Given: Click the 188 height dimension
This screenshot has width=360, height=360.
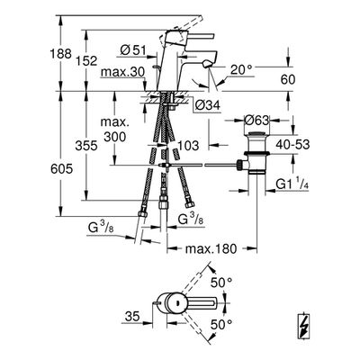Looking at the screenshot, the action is [60, 54].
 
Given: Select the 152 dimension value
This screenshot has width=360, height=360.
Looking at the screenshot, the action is [86, 61].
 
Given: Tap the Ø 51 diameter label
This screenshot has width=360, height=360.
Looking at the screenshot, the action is [133, 50].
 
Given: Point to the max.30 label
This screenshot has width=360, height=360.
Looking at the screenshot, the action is [123, 72].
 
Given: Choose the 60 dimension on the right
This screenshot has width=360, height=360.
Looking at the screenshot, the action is [288, 79].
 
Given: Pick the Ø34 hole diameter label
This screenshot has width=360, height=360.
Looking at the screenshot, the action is [208, 105].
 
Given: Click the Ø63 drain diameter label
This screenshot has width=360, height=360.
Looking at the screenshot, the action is [256, 121].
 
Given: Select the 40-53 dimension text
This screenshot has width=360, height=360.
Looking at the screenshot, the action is [292, 145].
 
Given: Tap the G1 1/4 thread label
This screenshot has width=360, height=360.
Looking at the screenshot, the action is [292, 184].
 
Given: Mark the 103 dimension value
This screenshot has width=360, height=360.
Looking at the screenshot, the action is [188, 146].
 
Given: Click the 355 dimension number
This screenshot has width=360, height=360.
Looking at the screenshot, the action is [86, 146].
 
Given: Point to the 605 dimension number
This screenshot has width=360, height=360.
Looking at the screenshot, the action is [61, 169].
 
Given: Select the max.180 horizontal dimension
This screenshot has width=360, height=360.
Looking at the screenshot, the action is [211, 248].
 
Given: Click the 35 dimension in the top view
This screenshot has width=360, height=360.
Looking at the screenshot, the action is [132, 316].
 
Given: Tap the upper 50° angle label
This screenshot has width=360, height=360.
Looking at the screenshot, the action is [221, 283].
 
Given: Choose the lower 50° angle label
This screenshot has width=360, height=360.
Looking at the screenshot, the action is [221, 324].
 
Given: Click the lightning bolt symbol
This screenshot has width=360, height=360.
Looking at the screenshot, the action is [304, 326].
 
